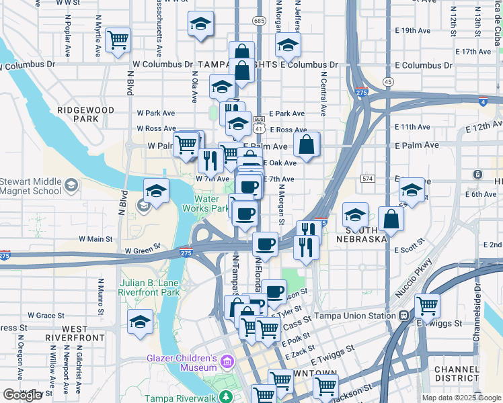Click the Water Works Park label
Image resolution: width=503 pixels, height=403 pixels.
[x=212, y=204]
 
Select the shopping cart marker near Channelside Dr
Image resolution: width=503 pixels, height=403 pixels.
[x=427, y=306]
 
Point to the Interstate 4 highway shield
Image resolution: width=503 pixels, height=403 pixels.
[x=483, y=101]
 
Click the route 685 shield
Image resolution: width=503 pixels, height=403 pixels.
[x=260, y=21]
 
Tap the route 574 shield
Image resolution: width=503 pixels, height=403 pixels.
[x=366, y=179]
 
